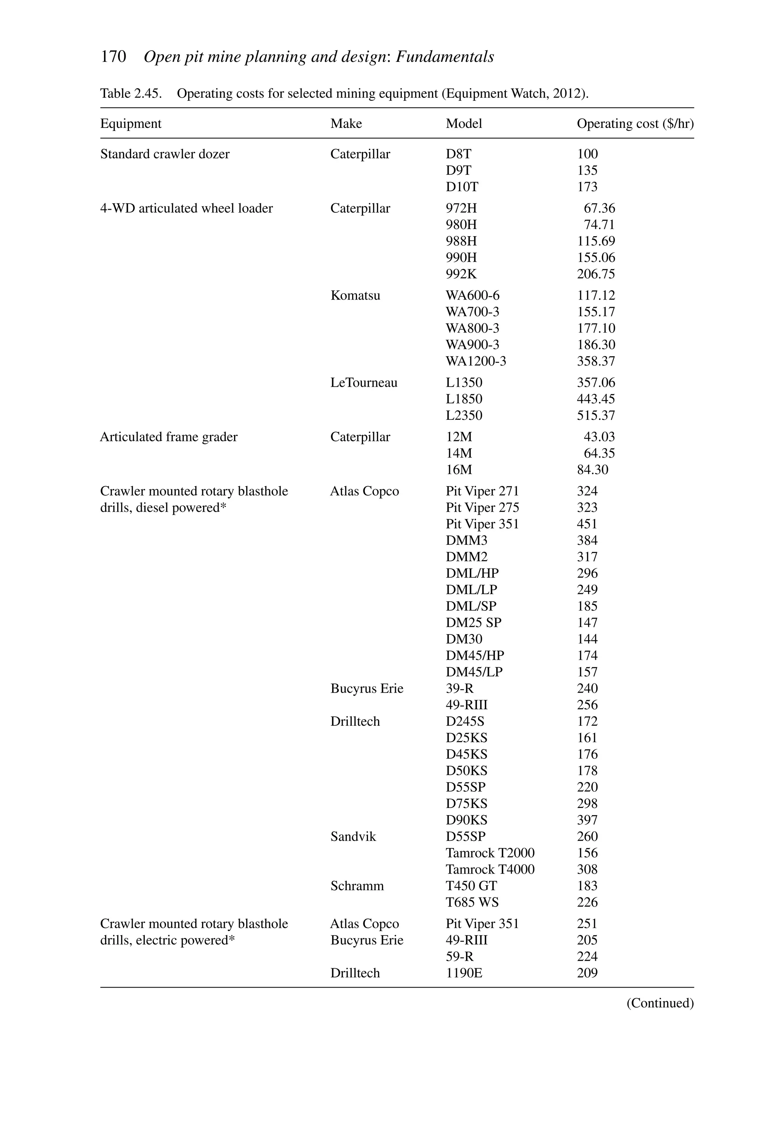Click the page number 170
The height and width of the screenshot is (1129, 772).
[x=113, y=57]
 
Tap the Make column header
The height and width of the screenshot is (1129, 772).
[x=346, y=123]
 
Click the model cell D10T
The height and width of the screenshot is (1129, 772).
[x=462, y=187]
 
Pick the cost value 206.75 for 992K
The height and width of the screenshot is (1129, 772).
[x=596, y=274]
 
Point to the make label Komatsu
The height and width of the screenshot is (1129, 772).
[x=355, y=295]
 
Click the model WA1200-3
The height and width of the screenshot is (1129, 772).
[x=475, y=361]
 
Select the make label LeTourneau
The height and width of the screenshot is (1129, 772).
[x=364, y=382]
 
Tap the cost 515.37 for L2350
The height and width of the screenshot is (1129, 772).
[x=596, y=415]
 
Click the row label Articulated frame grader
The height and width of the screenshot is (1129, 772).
[x=168, y=437]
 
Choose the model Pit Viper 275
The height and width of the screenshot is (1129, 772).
[x=482, y=507]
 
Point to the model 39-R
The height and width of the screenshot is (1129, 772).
[x=459, y=688]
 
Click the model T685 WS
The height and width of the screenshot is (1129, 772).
[x=472, y=902]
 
